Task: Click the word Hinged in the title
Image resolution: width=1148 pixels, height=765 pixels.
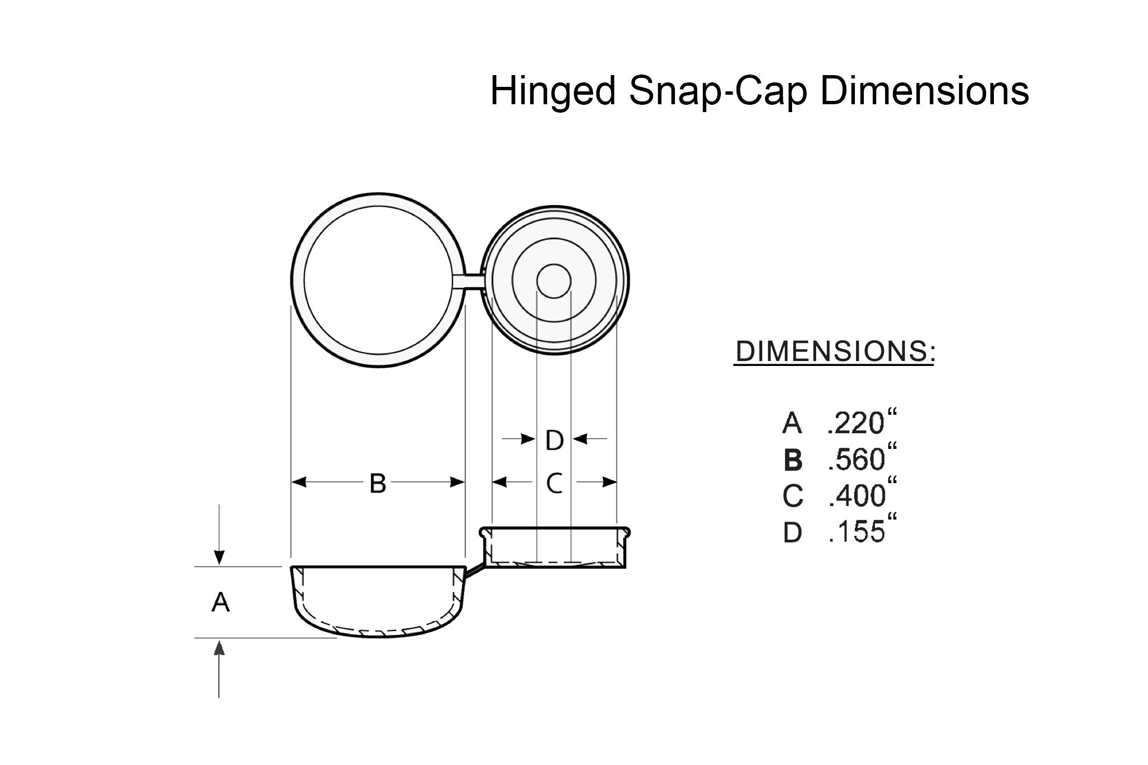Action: [x=553, y=91]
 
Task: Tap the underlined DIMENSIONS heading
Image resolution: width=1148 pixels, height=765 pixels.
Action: [x=834, y=351]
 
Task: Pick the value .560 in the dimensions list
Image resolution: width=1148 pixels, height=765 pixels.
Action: [x=856, y=460]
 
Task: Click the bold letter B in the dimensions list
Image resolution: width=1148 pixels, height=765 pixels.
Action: [x=793, y=461]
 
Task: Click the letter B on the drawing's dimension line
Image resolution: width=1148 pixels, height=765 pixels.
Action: [x=378, y=483]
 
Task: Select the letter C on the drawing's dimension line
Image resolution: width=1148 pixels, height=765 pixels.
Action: [x=554, y=483]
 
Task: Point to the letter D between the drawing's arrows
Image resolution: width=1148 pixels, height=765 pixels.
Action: [x=554, y=441]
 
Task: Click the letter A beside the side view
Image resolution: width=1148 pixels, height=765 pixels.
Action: [x=220, y=603]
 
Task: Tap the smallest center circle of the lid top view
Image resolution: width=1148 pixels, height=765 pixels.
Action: [x=554, y=280]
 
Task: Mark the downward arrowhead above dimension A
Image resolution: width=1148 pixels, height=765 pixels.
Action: [x=220, y=558]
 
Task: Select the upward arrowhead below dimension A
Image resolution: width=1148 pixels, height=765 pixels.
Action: [x=219, y=648]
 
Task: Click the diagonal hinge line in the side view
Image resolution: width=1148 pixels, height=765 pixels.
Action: [x=474, y=571]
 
